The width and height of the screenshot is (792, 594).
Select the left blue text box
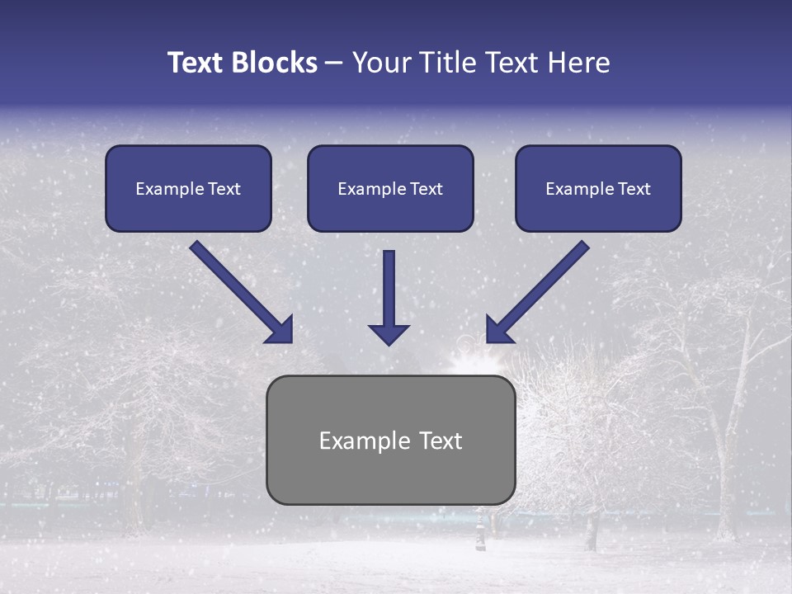point(188,188)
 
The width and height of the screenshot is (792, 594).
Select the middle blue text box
point(390,188)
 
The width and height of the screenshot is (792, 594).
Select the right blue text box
point(598,188)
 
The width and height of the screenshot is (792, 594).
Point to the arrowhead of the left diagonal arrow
point(280,330)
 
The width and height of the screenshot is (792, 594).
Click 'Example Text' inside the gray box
point(390,441)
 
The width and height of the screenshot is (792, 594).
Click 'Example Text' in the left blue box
point(188,189)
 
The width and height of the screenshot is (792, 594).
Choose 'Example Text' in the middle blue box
point(390,189)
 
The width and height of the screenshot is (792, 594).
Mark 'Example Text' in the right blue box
point(598,189)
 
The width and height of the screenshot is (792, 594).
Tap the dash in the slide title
point(334,64)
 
